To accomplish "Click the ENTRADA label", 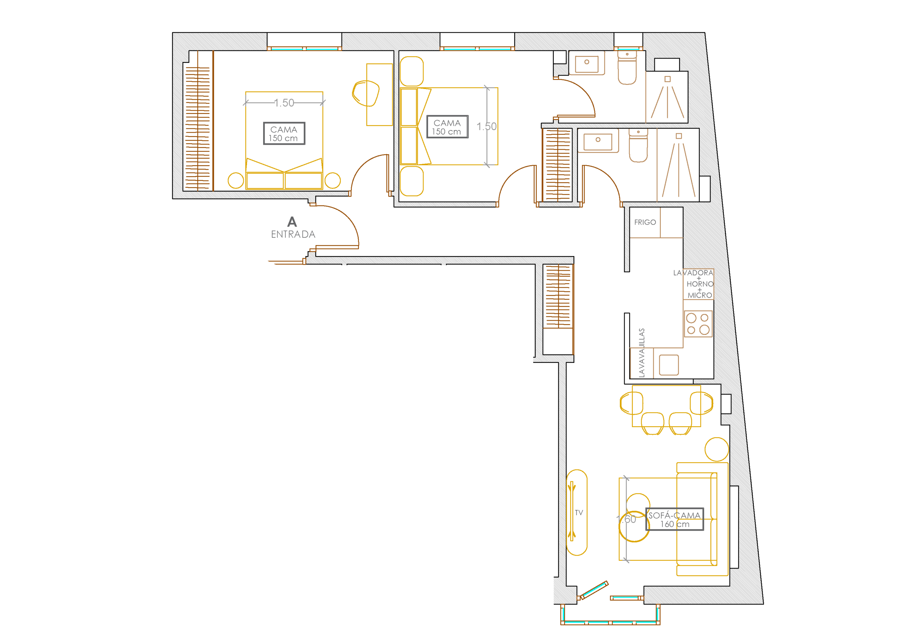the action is (x=293, y=234).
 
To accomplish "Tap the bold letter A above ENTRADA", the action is (x=292, y=222).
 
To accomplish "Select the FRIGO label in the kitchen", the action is (x=645, y=222).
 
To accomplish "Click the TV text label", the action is (x=579, y=513).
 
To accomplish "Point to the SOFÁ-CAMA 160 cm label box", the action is (x=675, y=519).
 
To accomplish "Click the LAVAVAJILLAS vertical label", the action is (x=642, y=353).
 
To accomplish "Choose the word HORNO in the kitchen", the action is (x=700, y=284).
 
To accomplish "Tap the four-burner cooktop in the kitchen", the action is (x=698, y=324).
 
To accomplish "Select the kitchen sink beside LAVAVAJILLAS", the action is (x=669, y=365).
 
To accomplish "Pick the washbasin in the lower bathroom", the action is (x=598, y=140).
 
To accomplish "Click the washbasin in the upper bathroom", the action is (x=587, y=62).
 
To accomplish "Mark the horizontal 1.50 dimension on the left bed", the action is (x=284, y=103).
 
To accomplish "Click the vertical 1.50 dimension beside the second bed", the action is (x=487, y=127).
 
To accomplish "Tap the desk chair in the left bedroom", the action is (x=366, y=93).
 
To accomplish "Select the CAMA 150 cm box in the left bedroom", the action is (x=284, y=134).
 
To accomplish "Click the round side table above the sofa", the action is (x=716, y=449).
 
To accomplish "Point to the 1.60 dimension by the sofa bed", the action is (x=626, y=519).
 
